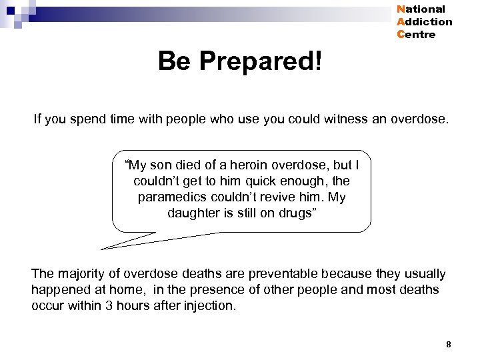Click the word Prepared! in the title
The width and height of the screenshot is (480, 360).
click(x=261, y=62)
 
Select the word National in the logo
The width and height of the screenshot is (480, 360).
click(x=421, y=9)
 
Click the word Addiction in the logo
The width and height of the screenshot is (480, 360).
click(x=424, y=22)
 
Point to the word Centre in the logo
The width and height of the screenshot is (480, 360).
click(x=416, y=35)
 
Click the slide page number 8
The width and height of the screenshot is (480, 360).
click(x=449, y=345)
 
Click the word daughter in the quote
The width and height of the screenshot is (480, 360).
click(x=193, y=213)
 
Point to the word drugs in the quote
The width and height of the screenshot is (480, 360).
click(x=296, y=213)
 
